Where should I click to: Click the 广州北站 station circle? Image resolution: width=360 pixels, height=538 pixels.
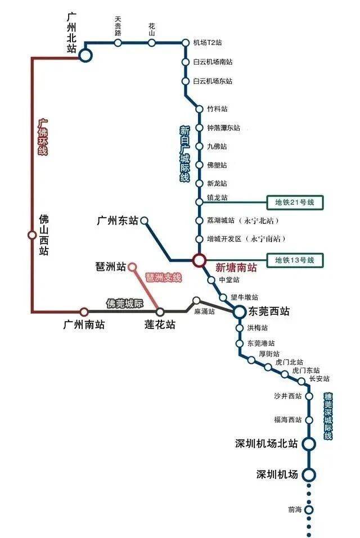[x=85, y=55]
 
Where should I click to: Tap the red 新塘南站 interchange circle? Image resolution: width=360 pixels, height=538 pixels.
[x=199, y=260]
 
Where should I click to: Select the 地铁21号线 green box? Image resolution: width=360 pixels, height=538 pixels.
[x=294, y=202]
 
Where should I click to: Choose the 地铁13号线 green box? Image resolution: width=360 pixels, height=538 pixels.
[x=294, y=260]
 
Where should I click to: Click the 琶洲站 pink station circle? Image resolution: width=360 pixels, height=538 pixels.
[x=132, y=266]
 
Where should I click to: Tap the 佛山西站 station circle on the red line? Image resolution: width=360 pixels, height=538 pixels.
[x=32, y=235]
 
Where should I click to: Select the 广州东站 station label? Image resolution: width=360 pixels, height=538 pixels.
[x=117, y=221]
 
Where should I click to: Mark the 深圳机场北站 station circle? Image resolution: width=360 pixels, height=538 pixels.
[x=309, y=444]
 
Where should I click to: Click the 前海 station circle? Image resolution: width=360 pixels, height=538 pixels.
[x=308, y=510]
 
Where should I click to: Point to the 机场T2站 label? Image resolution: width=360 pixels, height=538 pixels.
[x=208, y=43]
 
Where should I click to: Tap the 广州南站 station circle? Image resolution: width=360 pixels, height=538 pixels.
[x=84, y=311]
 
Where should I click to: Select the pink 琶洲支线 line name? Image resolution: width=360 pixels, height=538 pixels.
[x=164, y=278]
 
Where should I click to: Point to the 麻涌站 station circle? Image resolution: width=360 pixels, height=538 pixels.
[x=196, y=301]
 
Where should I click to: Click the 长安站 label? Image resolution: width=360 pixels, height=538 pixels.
[x=319, y=379]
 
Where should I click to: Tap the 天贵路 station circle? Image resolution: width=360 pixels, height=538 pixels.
[x=118, y=43]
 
